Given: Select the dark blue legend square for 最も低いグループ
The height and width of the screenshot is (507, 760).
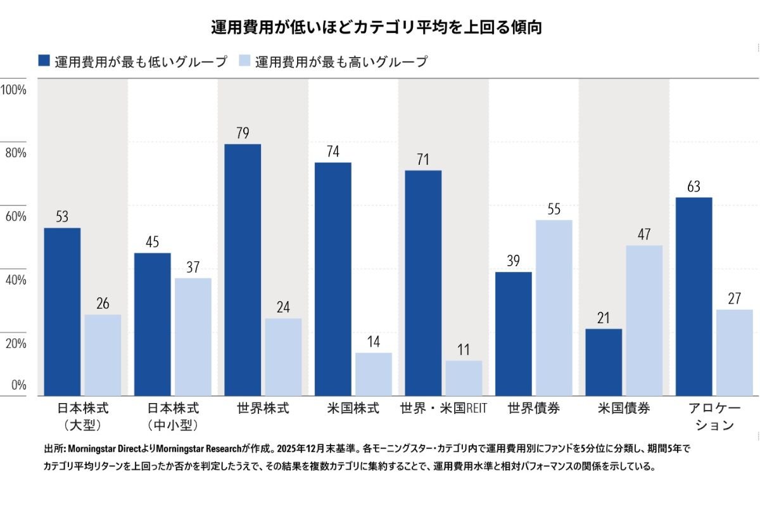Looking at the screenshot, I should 44,61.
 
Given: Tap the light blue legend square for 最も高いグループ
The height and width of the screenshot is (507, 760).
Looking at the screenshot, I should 245,61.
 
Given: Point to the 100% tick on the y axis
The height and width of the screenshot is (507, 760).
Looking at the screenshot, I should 13,89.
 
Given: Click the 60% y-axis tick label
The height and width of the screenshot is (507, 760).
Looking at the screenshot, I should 15,216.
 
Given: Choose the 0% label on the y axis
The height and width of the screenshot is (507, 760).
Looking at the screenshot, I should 18,385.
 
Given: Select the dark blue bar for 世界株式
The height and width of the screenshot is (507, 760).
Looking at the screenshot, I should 243,269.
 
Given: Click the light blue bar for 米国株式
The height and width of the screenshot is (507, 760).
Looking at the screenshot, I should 373,374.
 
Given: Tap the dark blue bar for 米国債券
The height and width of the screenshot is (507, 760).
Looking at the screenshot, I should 604,362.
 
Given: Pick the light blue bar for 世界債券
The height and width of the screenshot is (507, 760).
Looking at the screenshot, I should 554,307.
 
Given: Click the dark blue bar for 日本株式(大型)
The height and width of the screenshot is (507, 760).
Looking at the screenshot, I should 62,311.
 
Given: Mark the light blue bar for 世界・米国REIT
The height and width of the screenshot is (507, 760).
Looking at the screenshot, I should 464,378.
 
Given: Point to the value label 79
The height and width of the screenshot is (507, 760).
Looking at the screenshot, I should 243,133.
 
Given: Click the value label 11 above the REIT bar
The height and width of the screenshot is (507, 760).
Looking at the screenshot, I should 464,350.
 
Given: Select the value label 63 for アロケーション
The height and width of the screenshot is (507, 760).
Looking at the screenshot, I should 693,187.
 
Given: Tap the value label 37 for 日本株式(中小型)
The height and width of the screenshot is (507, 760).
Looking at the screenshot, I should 193,267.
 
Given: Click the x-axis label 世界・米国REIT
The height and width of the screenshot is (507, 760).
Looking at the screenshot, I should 443,409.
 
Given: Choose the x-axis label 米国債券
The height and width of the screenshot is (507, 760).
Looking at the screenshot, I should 624,409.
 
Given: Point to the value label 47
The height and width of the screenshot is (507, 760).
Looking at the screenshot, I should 644,234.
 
